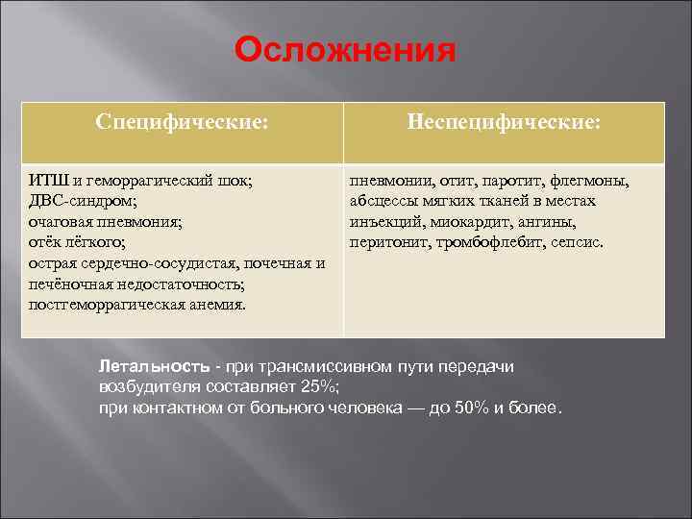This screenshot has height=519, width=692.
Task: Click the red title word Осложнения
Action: click(x=345, y=50)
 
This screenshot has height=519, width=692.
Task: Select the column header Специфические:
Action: click(x=183, y=123)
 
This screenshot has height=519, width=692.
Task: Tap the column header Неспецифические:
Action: click(x=505, y=123)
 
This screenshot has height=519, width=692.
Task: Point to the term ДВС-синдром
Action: click(x=83, y=202)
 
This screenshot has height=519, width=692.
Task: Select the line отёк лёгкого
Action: click(x=77, y=242)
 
